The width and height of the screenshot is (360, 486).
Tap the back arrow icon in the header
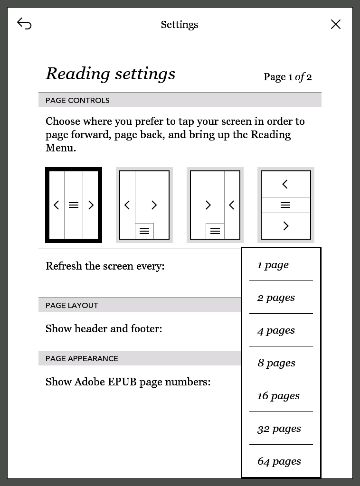[x=24, y=24]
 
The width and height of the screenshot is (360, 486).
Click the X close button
[x=336, y=24]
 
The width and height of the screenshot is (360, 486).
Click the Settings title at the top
[x=180, y=25]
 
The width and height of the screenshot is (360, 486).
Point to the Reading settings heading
[x=111, y=74]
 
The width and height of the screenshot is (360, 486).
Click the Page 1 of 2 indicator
[x=287, y=77]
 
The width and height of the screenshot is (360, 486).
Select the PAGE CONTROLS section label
[x=77, y=101]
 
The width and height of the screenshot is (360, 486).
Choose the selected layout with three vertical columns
[x=74, y=205]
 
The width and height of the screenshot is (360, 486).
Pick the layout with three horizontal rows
[x=285, y=205]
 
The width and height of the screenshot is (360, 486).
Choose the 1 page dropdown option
[x=273, y=265]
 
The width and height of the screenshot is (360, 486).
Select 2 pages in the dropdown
[x=276, y=298]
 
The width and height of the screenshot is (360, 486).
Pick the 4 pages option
[x=276, y=330]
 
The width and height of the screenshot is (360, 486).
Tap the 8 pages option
[x=276, y=363]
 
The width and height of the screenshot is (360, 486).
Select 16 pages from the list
[x=278, y=396]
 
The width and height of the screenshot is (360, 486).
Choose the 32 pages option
[x=279, y=429]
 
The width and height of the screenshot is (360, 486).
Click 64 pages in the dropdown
[x=279, y=461]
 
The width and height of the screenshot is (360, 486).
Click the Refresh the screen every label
[x=105, y=266]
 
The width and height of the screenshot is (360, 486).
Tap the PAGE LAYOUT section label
[x=72, y=306]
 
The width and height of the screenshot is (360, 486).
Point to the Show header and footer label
[x=104, y=328]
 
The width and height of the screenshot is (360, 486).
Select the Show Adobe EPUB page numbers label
[x=128, y=382]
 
